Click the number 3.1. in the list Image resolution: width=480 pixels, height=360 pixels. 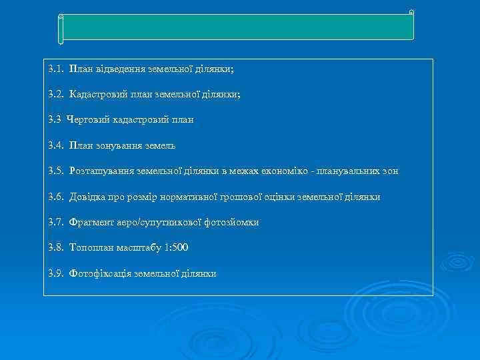[56, 69]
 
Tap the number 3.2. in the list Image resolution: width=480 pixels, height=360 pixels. [56, 95]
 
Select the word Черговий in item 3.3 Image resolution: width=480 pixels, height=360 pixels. [85, 120]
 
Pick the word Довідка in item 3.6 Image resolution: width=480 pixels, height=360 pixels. [87, 197]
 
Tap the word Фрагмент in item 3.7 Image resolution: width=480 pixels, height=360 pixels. [89, 222]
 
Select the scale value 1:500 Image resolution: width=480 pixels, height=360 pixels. [176, 247]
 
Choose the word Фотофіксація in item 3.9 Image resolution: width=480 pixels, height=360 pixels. [100, 273]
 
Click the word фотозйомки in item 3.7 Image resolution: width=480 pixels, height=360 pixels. [235, 222]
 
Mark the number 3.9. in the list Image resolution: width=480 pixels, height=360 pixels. [56, 273]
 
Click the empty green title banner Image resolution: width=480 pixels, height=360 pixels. [237, 27]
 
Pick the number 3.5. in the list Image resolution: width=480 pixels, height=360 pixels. [56, 171]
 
